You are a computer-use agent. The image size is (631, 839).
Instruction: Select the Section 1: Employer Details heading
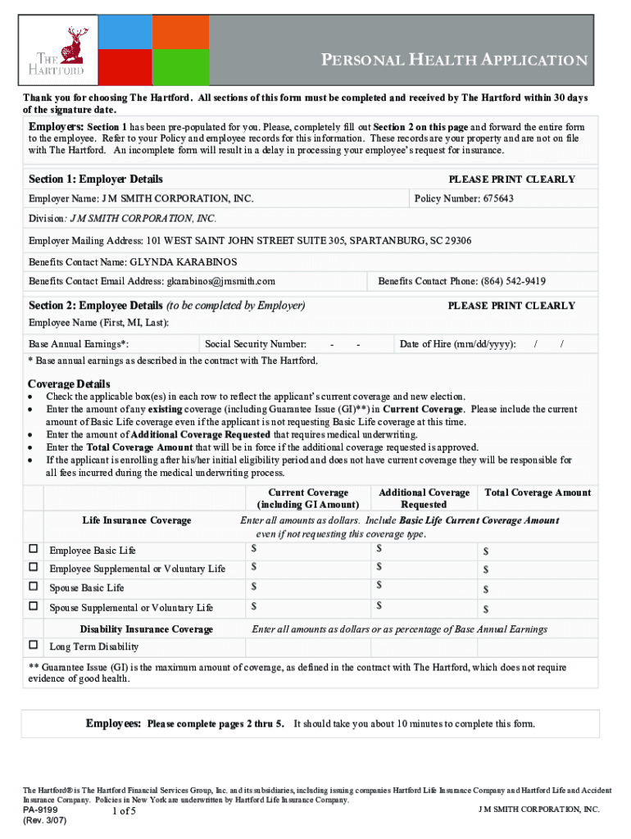(96, 179)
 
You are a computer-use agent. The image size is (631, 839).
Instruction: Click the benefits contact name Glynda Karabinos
(184, 262)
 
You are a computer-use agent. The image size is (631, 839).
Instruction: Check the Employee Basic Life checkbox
(34, 549)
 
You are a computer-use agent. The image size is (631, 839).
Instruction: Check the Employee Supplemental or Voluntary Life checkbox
(34, 568)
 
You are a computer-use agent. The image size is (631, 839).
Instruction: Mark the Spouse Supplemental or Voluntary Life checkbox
(34, 606)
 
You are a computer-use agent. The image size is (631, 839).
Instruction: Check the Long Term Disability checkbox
(34, 646)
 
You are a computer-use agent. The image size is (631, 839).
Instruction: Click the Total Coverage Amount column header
(538, 492)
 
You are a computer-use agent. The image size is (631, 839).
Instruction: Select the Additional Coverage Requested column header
(424, 498)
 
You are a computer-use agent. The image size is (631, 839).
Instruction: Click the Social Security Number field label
(256, 344)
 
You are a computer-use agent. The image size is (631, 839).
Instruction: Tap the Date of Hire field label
(457, 344)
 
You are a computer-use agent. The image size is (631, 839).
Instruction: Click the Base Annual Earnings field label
(79, 344)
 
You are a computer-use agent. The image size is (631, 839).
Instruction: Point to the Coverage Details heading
(69, 384)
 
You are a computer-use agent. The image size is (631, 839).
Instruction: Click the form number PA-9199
(40, 810)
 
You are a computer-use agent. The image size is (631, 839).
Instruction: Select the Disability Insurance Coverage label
(147, 629)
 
